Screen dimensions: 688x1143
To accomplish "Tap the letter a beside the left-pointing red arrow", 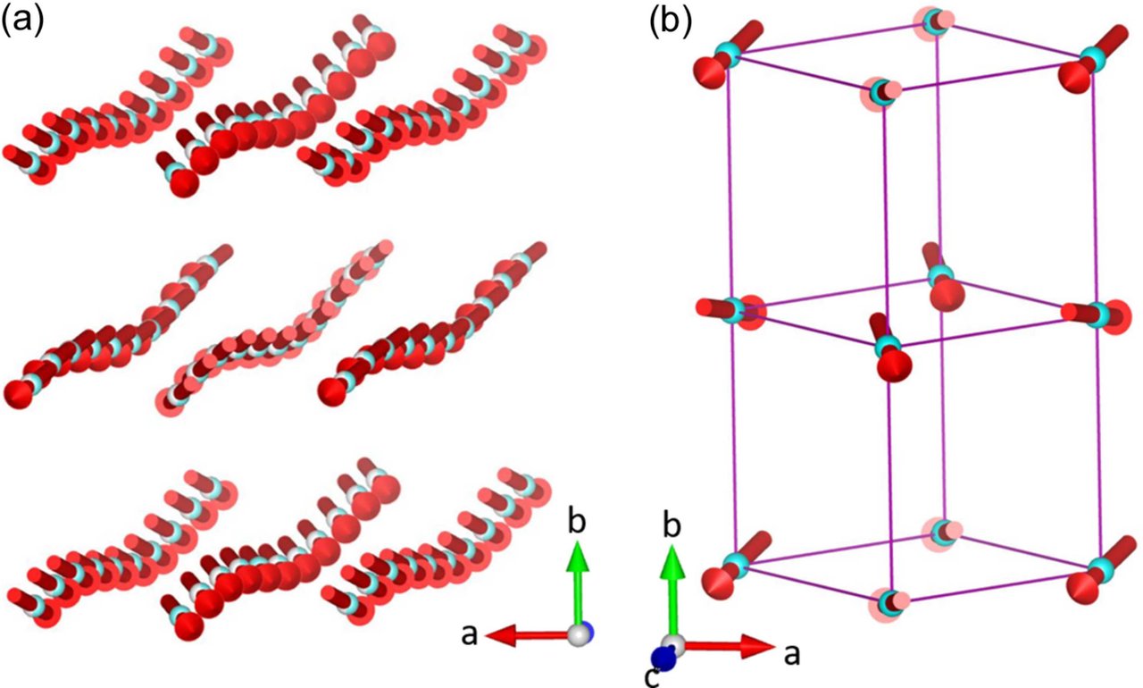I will pyautogui.click(x=467, y=634).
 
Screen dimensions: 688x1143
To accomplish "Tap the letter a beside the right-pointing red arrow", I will pyautogui.click(x=789, y=656).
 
